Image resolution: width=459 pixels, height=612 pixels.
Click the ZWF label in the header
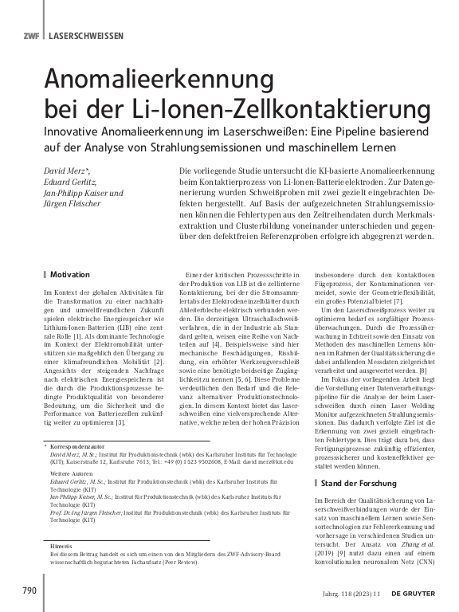click(x=31, y=36)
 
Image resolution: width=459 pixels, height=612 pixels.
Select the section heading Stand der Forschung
click(x=362, y=483)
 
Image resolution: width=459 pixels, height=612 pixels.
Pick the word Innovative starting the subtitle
click(x=76, y=131)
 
